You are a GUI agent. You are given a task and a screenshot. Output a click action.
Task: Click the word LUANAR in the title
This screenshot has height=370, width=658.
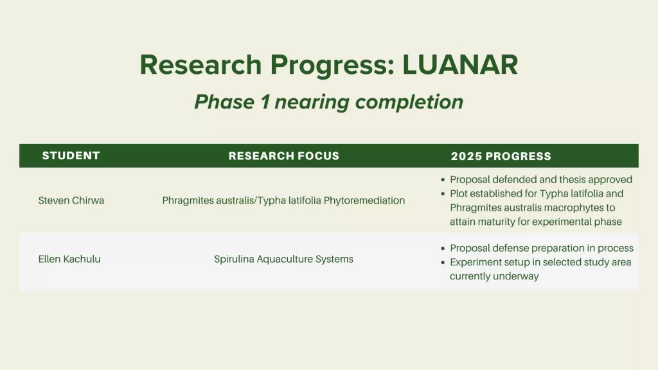pyautogui.click(x=460, y=65)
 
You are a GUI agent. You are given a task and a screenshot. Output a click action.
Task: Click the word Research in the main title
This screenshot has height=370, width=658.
pyautogui.click(x=200, y=65)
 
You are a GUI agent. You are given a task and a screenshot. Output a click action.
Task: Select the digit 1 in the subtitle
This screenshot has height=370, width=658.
pyautogui.click(x=265, y=102)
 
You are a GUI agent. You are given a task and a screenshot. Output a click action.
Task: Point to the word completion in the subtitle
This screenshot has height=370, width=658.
pyautogui.click(x=409, y=102)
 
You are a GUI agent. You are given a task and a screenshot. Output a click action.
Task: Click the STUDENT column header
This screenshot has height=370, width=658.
pyautogui.click(x=71, y=155)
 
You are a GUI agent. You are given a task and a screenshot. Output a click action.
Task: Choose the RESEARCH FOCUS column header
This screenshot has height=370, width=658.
pyautogui.click(x=283, y=156)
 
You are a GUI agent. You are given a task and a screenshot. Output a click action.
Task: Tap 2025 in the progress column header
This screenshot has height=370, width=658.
pyautogui.click(x=467, y=157)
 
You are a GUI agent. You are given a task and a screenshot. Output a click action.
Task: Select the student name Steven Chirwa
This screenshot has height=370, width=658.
pyautogui.click(x=71, y=200)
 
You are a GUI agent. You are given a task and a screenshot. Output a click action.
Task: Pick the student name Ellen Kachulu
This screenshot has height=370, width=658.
pyautogui.click(x=69, y=260)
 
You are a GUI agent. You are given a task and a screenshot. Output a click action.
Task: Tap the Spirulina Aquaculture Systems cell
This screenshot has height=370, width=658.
pyautogui.click(x=283, y=260)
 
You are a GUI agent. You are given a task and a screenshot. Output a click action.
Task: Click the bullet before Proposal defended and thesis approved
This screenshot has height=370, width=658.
pyautogui.click(x=443, y=180)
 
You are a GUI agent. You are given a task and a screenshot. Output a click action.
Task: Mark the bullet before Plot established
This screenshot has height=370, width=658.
pyautogui.click(x=443, y=194)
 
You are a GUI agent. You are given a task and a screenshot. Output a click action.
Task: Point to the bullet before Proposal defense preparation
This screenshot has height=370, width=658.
pyautogui.click(x=443, y=249)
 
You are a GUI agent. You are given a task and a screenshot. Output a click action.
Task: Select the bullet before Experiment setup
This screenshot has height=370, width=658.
pyautogui.click(x=443, y=263)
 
